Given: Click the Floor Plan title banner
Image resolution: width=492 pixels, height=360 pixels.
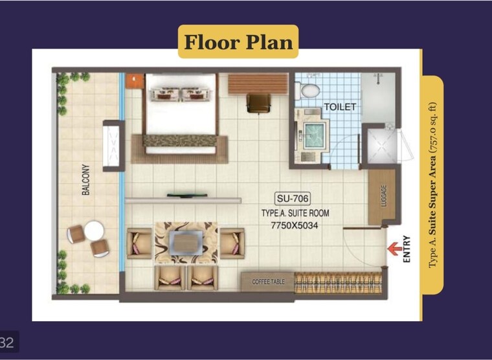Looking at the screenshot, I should coord(238,42).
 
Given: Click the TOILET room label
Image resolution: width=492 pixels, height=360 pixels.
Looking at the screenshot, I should coord(340,107).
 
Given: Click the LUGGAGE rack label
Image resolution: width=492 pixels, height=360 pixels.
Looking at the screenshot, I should coord(383,196).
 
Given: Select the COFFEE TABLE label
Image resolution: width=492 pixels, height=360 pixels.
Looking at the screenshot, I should coord(268,282).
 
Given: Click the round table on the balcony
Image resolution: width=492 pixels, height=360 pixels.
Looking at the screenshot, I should coord(94,230).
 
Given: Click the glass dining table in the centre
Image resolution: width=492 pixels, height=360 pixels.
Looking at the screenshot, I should coord(185,243).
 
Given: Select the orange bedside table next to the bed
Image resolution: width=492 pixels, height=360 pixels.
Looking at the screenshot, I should coord(135,80).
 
